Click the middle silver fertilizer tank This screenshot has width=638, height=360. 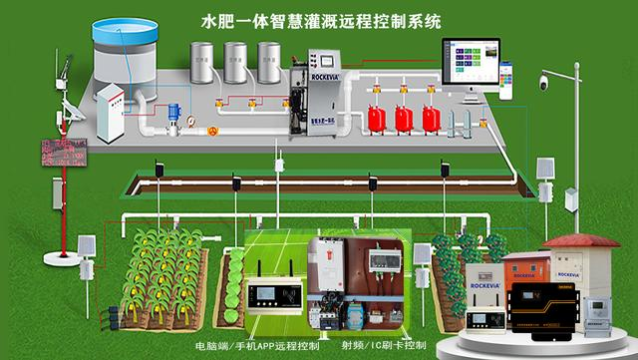click(237, 63)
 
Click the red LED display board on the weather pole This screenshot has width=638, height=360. click(61, 153)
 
